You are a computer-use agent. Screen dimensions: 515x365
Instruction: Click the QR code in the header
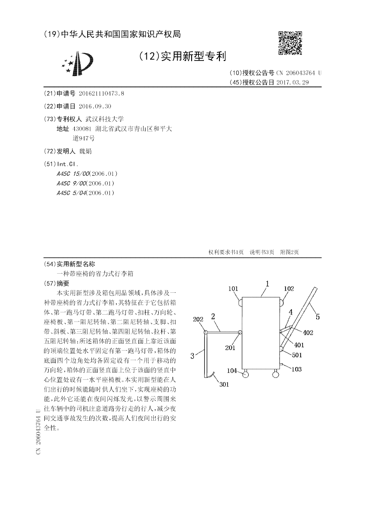[x=290, y=44]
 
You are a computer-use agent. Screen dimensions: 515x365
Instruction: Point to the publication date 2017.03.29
[x=292, y=82]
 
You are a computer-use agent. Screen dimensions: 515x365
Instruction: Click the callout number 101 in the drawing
[x=233, y=289]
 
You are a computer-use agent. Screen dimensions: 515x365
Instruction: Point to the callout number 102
[x=289, y=288]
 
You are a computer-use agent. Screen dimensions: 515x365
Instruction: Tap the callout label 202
[x=198, y=320]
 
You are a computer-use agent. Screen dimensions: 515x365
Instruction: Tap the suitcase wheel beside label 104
[x=246, y=374]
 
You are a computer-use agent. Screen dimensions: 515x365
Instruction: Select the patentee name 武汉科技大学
[x=104, y=119]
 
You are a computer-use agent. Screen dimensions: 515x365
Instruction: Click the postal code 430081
[x=81, y=129]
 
